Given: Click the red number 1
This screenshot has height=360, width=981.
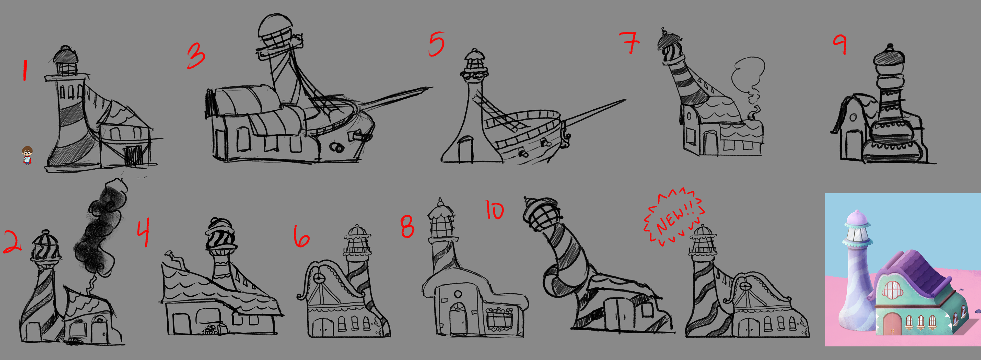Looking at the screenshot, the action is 25,71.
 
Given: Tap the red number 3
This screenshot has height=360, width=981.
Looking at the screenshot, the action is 196,56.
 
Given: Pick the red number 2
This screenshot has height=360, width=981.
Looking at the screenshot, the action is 13,242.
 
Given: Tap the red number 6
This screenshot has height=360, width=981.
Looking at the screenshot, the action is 301,236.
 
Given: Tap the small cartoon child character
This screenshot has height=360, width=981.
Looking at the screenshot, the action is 27,155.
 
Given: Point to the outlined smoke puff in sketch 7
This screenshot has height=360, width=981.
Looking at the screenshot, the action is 747,78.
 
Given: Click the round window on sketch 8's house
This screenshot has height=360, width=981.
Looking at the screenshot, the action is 458,294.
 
